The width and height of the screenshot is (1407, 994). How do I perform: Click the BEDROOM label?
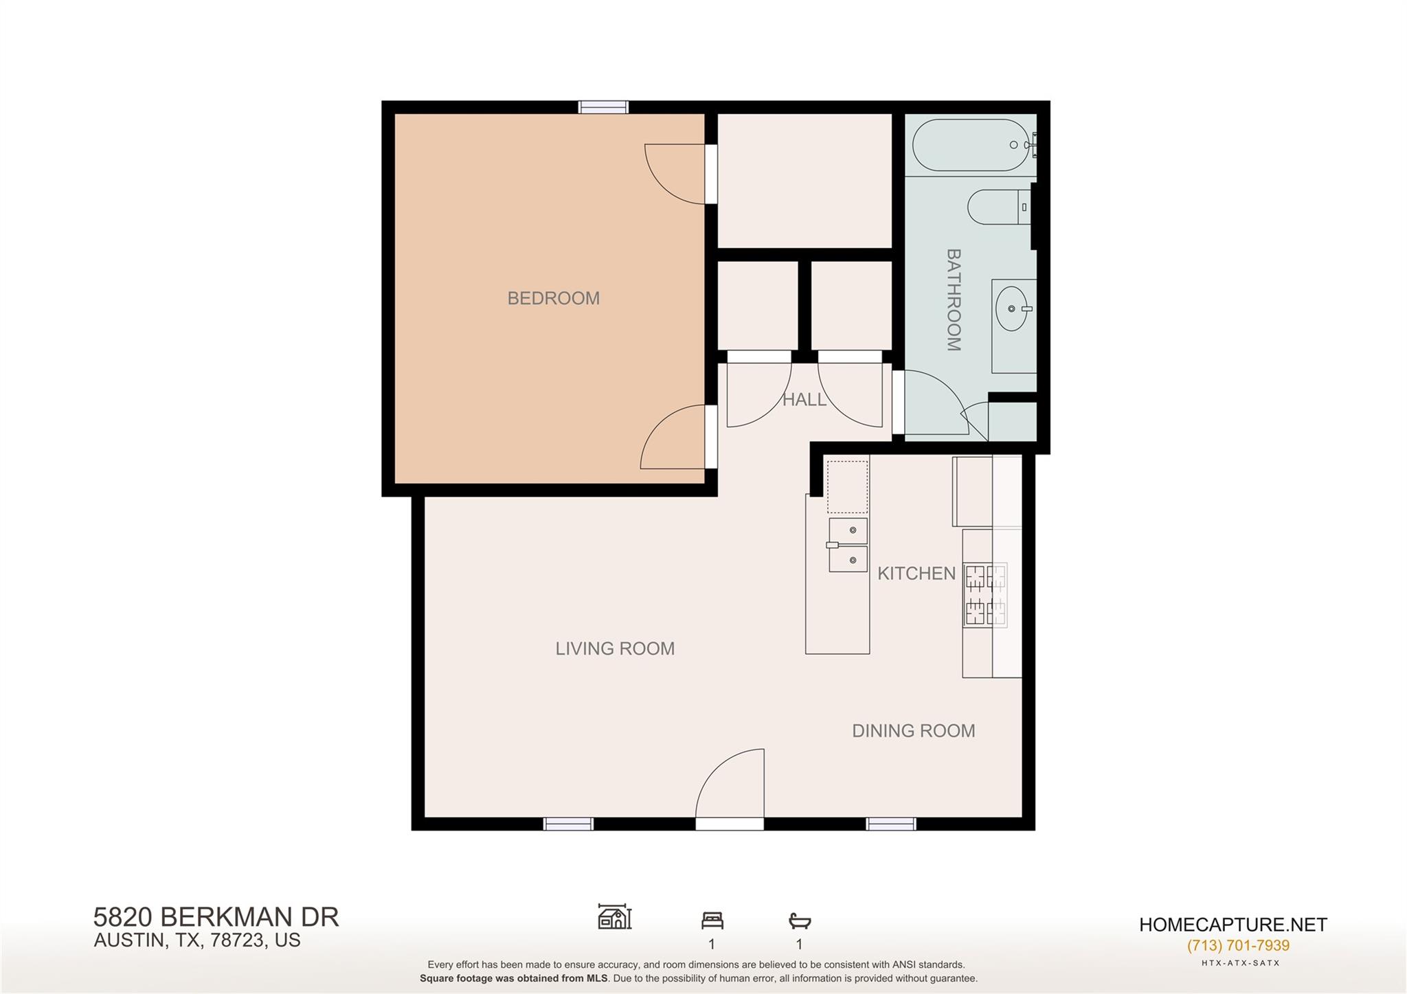[x=553, y=298]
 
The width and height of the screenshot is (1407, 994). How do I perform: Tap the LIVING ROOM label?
[x=615, y=648]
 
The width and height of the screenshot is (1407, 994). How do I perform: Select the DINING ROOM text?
[x=913, y=731]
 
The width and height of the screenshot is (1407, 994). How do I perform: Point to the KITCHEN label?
[x=916, y=574]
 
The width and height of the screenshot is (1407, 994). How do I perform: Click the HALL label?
[x=804, y=400]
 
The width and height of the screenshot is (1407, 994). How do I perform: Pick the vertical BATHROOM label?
[x=954, y=300]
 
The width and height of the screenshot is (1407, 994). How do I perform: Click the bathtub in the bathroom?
[x=971, y=145]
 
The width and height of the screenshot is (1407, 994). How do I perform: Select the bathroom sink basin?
[x=1012, y=309]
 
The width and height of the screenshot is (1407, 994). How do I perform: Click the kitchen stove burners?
[x=985, y=594]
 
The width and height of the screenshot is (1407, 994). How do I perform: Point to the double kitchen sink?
[x=848, y=545]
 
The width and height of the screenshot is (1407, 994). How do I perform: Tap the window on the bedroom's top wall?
[x=603, y=107]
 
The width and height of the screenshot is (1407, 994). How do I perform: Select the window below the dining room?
[x=890, y=824]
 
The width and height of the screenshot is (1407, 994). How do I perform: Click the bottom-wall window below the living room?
[x=568, y=824]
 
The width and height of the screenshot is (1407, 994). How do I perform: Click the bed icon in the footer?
[x=712, y=920]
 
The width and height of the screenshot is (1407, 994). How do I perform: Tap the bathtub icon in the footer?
[x=800, y=920]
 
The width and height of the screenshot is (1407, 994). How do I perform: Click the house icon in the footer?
[x=614, y=917]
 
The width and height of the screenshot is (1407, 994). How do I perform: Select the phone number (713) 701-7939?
[x=1238, y=945]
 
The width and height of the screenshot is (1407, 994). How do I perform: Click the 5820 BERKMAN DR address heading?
[x=216, y=917]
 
